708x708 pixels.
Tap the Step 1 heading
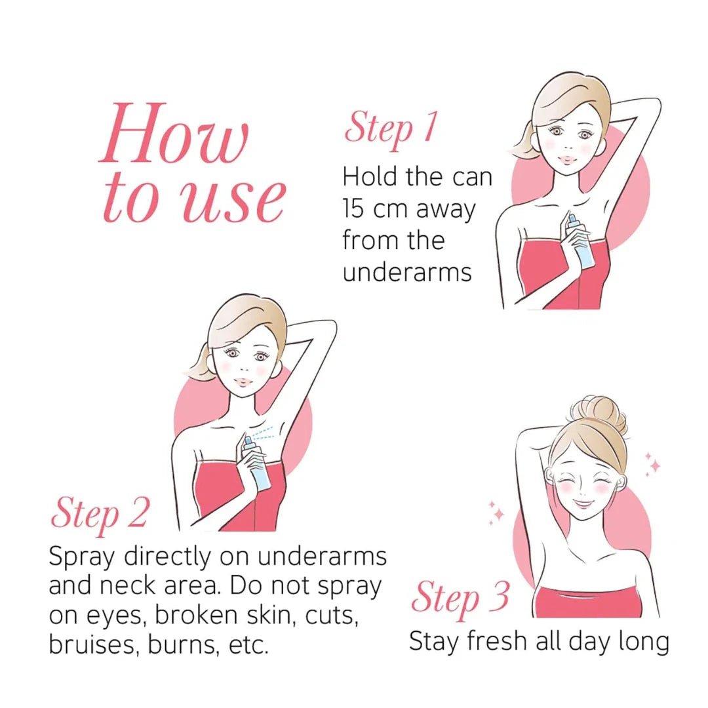[391, 128]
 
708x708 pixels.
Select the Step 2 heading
[100, 513]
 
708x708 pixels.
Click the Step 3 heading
[460, 598]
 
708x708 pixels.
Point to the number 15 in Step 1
[355, 208]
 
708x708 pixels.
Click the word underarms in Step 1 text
[407, 271]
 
